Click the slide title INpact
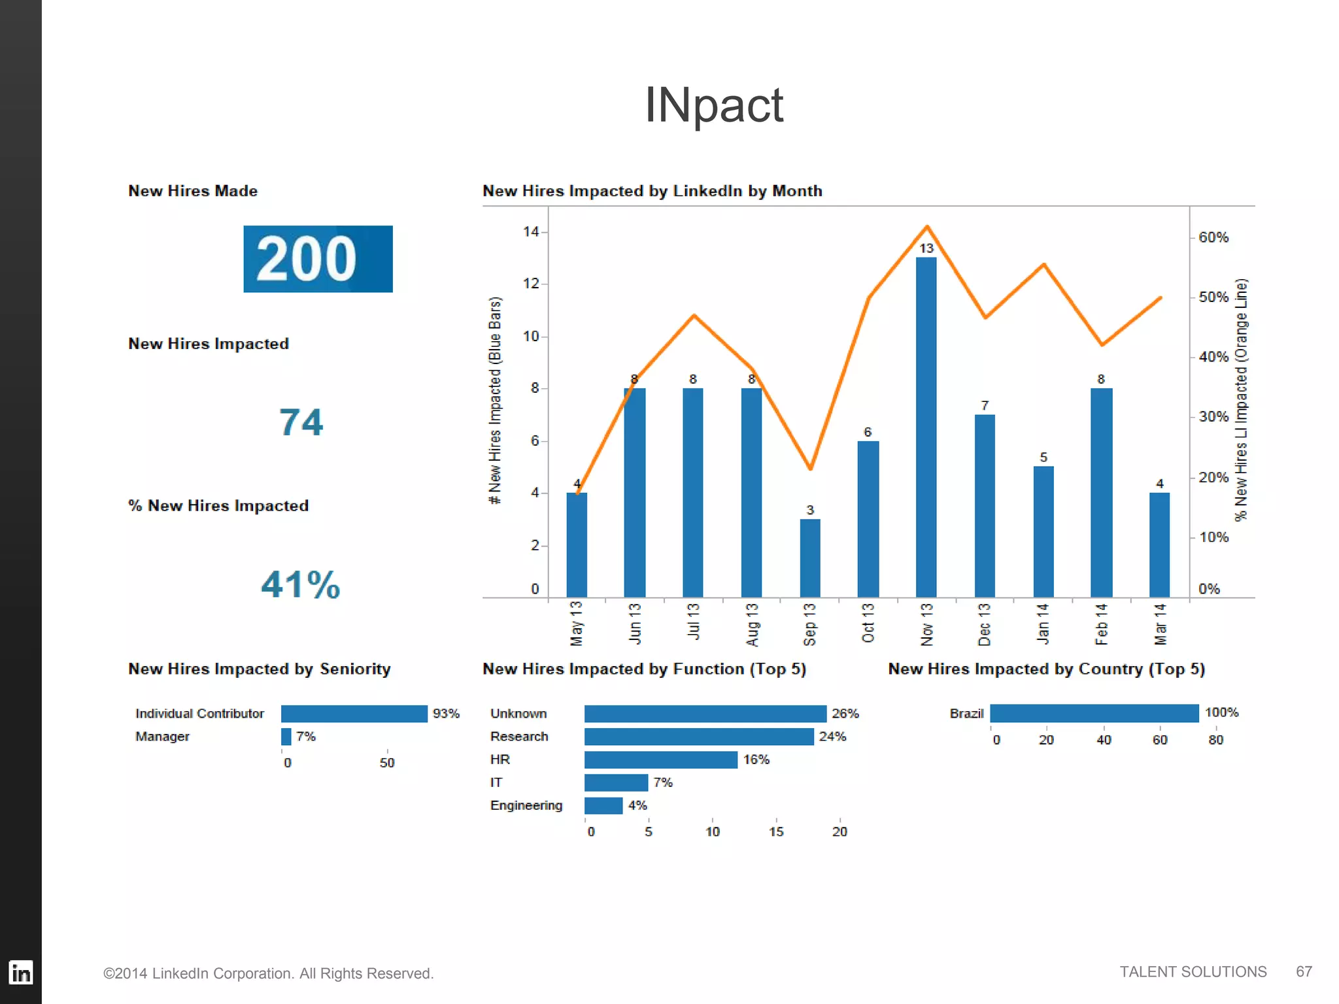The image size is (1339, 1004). tap(713, 105)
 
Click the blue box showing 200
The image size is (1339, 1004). tap(318, 259)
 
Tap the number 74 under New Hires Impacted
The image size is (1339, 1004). tap(301, 422)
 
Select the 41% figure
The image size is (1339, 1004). tap(300, 584)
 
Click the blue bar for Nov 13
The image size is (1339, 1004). tap(926, 428)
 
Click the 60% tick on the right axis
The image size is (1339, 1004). tap(1213, 237)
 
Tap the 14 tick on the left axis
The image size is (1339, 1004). tap(531, 231)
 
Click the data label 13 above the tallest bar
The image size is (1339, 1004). tap(926, 248)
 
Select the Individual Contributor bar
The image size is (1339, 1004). tap(354, 713)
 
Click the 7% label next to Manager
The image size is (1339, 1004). tap(305, 737)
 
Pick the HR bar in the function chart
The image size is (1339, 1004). tap(660, 760)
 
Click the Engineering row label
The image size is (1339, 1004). tap(526, 805)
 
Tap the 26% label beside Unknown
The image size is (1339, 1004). tap(845, 713)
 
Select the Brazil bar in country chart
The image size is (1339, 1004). tap(1094, 713)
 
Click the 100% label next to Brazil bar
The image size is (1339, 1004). tap(1221, 712)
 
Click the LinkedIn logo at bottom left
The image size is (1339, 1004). tap(21, 973)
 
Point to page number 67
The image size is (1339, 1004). tap(1304, 971)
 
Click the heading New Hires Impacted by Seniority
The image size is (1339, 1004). tap(259, 669)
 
